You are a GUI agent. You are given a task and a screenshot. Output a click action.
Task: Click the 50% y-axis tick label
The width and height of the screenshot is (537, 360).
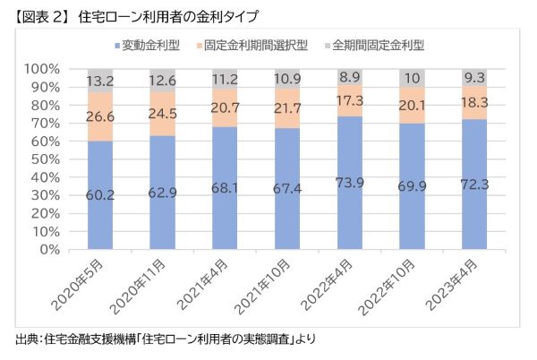click(x=47, y=159)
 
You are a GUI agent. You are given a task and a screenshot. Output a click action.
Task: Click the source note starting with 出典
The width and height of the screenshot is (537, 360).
click(x=166, y=340)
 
